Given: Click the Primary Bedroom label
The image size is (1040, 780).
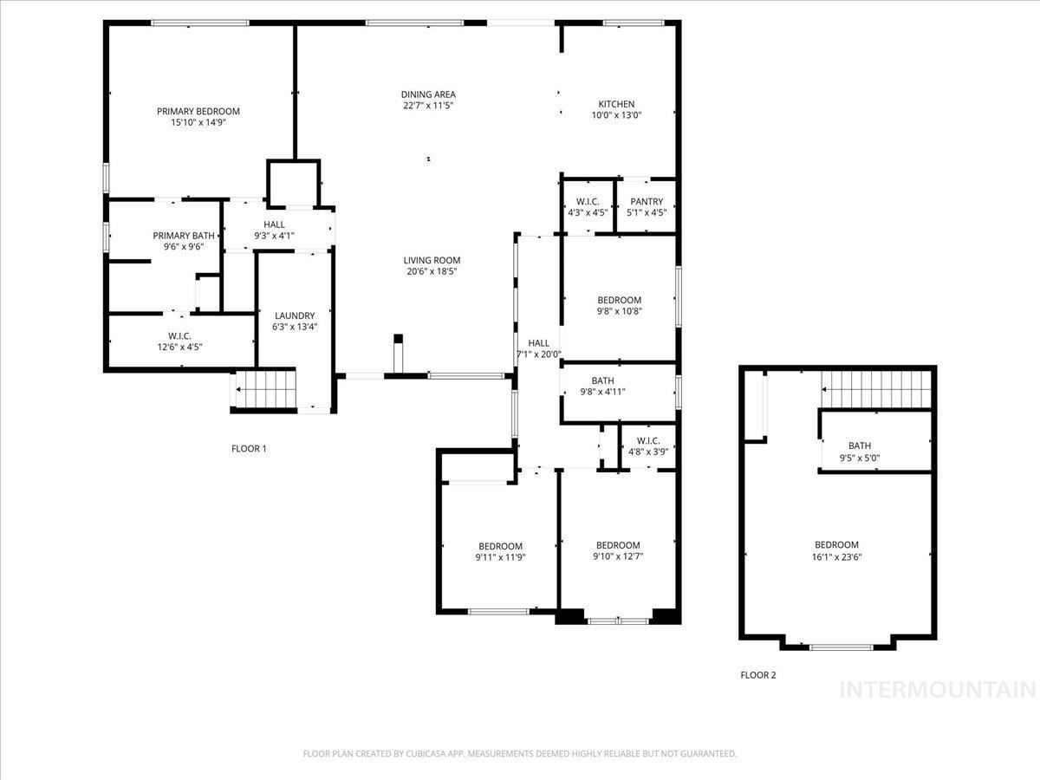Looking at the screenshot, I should click(x=198, y=111).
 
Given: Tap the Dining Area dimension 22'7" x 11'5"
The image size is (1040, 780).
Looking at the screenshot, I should click(x=428, y=106).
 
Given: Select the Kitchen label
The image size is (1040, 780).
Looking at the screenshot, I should click(x=616, y=104).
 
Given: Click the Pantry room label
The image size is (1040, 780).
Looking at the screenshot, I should click(x=647, y=202).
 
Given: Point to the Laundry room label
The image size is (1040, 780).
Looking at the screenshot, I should click(x=295, y=315).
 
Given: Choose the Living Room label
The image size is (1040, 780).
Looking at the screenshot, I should click(x=431, y=260).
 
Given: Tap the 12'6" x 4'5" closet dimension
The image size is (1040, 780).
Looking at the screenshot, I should click(x=179, y=347).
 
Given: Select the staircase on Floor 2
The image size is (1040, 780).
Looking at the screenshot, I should click(x=875, y=388).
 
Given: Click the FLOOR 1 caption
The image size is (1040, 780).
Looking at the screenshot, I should click(x=249, y=449).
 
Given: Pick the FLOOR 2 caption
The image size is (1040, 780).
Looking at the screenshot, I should click(x=758, y=674).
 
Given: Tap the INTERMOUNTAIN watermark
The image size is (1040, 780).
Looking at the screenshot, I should click(x=938, y=690).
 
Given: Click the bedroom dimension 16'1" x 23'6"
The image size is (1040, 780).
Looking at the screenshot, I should click(x=836, y=557).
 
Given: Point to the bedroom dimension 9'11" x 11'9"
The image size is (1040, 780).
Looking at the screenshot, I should click(x=500, y=557).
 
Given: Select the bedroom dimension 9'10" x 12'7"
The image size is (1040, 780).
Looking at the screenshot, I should click(x=618, y=557).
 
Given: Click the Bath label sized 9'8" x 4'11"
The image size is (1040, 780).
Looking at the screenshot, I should click(x=603, y=380).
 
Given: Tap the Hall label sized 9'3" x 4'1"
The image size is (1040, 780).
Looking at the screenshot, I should click(x=274, y=224).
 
